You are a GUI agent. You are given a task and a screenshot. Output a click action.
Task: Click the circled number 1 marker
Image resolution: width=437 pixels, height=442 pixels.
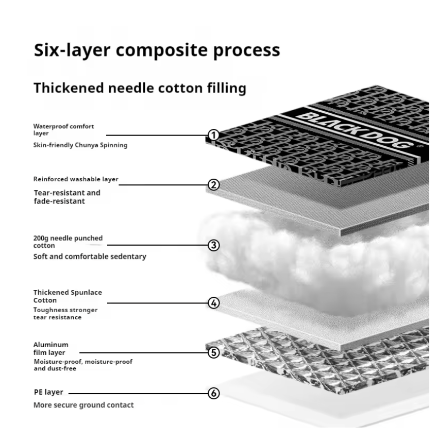(213, 135)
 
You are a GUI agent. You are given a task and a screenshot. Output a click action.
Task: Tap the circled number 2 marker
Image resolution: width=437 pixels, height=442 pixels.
(213, 185)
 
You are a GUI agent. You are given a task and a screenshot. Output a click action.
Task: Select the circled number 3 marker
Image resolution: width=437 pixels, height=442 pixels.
(213, 245)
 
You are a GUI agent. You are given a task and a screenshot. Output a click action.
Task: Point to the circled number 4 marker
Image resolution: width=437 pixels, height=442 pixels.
(213, 303)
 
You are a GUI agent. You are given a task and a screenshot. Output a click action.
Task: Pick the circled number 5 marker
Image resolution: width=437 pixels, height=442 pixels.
(213, 353)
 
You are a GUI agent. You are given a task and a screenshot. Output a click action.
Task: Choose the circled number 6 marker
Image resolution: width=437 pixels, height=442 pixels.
(213, 393)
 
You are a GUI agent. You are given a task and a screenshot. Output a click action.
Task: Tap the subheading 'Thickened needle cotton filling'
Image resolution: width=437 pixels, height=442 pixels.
(139, 89)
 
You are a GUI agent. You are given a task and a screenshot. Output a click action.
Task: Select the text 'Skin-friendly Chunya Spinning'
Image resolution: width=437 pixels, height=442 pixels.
(80, 145)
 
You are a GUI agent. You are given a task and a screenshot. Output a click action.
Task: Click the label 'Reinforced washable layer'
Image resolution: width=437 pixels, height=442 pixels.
(76, 179)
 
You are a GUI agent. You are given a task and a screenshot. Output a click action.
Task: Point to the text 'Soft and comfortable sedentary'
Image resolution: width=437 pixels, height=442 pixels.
(90, 256)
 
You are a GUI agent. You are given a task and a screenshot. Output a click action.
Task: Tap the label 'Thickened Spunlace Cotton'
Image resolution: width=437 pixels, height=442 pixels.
(68, 296)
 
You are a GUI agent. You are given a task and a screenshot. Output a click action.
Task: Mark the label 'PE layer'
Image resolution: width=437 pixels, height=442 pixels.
(48, 392)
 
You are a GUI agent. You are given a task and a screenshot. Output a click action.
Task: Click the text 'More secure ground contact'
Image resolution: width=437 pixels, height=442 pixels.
(83, 405)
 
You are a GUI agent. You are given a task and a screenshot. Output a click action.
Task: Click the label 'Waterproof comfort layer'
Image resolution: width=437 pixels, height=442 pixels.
(63, 129)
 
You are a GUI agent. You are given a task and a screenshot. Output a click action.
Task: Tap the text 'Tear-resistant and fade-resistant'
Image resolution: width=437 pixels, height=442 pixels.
(67, 197)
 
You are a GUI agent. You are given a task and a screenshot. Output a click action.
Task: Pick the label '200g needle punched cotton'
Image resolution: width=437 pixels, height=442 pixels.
(68, 242)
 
